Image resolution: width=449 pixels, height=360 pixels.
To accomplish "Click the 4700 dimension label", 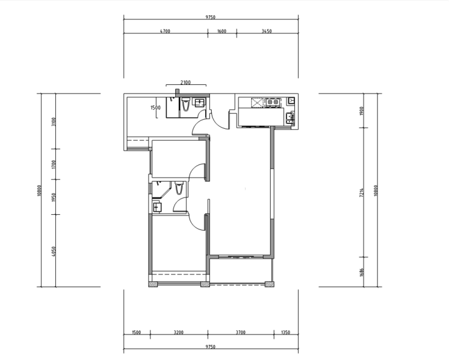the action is pos(165,31).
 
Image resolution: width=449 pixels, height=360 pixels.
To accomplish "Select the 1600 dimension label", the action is pos(222,31).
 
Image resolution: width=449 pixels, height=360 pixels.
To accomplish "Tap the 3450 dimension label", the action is pos(266,31).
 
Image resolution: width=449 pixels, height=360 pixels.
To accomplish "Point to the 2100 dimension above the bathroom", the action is pos(186,83).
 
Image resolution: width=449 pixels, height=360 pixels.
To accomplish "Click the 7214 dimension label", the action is pos(362,192).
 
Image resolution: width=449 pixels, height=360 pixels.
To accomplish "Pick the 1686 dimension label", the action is pos(362,272).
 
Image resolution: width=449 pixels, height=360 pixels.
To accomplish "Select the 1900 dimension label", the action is pos(362,111).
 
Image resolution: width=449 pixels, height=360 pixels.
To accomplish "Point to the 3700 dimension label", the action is pos(240,332).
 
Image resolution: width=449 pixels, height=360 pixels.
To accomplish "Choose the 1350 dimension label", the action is pos(286,332).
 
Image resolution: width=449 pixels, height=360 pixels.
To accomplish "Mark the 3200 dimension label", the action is pos(178,332).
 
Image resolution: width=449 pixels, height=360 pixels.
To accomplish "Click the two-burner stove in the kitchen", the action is pos(272,102).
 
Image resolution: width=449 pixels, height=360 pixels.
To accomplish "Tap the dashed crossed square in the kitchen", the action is pos(257,103).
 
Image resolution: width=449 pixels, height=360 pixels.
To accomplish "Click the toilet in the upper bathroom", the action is pos(186,104).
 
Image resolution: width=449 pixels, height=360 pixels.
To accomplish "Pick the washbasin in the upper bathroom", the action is pos(200,102).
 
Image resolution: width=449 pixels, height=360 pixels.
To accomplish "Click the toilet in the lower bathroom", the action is pos(179,188).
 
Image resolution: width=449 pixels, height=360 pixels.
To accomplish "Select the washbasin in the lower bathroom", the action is pos(157,206).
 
